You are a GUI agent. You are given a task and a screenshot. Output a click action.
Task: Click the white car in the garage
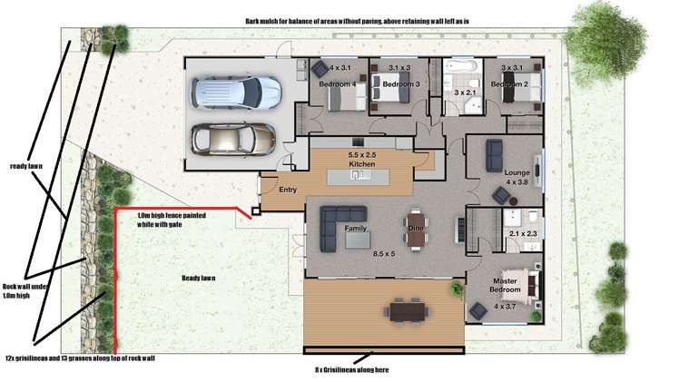(234, 92)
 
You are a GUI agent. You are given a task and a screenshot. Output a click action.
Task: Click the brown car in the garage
(232, 140)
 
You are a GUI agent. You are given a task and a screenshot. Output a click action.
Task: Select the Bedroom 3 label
(400, 84)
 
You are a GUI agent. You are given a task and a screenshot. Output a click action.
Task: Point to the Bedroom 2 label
(509, 84)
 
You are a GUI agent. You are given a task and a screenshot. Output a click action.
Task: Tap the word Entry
(288, 190)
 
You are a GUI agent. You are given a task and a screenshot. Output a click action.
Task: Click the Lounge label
(517, 171)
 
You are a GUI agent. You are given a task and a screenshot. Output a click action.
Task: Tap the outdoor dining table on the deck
(406, 310)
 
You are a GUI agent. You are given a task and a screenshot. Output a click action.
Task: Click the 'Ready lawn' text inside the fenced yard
(201, 278)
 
